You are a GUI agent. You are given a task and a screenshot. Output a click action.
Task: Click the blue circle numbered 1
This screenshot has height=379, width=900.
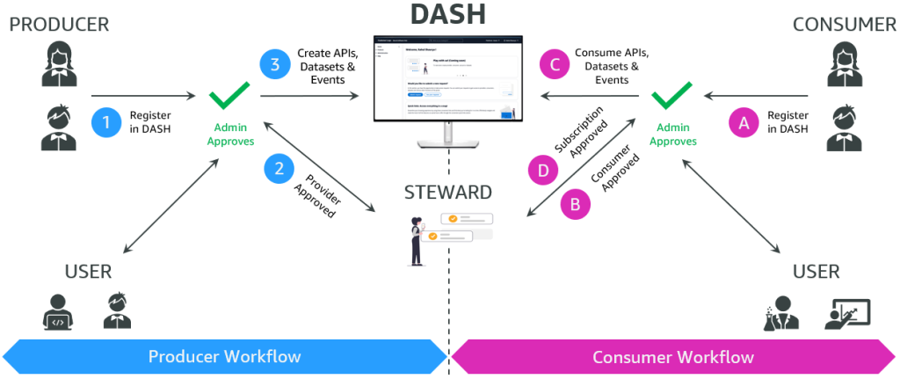click(x=107, y=122)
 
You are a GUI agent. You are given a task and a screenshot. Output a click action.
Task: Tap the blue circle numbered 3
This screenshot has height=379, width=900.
click(x=275, y=65)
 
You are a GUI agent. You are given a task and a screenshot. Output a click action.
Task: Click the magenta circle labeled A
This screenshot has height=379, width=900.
click(x=744, y=123)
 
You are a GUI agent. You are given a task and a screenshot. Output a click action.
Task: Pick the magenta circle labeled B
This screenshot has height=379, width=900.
click(x=575, y=205)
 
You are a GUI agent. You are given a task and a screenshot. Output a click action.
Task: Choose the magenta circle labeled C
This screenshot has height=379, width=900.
click(x=555, y=65)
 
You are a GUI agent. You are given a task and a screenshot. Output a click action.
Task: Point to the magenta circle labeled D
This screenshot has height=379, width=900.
click(x=543, y=170)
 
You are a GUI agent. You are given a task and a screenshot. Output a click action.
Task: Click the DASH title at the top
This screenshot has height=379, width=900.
click(x=448, y=16)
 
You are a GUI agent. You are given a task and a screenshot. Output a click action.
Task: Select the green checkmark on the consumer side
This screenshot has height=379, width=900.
click(x=671, y=96)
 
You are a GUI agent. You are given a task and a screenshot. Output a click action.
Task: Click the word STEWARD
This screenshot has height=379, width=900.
click(x=448, y=192)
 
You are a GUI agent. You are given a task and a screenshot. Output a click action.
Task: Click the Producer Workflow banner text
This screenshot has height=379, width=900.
click(x=224, y=356)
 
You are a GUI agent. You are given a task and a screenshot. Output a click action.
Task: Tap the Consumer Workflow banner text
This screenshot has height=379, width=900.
click(x=673, y=357)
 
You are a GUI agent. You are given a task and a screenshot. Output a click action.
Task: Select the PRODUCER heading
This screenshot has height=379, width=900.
click(x=59, y=25)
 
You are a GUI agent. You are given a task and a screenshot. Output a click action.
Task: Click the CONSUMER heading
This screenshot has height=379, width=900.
click(x=844, y=25)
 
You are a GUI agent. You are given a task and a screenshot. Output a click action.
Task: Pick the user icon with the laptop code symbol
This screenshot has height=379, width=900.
click(x=57, y=310)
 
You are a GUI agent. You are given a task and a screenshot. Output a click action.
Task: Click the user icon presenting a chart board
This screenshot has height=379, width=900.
click(x=848, y=313)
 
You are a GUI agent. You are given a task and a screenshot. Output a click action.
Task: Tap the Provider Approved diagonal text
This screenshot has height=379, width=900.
click(x=316, y=191)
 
